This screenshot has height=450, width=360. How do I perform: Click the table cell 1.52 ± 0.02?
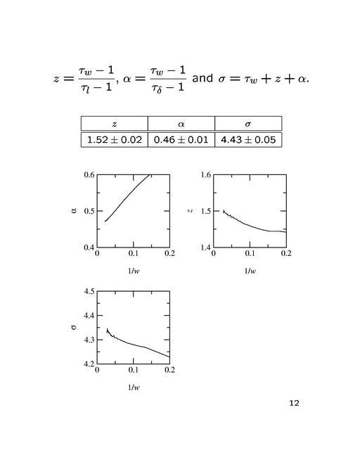point(114,139)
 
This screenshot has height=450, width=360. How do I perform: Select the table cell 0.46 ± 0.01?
point(181,139)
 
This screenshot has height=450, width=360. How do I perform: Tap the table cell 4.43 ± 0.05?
point(247,139)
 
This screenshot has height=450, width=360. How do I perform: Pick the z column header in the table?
point(114,124)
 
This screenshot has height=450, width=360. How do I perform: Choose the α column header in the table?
point(181,124)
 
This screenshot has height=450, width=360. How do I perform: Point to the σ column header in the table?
point(247,124)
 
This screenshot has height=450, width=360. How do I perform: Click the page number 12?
point(294,403)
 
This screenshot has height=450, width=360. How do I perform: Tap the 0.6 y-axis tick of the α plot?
point(89,174)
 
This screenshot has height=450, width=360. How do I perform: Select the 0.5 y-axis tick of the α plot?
point(89,211)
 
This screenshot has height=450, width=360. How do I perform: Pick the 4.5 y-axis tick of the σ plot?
point(89,291)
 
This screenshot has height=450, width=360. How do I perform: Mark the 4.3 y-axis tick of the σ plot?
point(89,340)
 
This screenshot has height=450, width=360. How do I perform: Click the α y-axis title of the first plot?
point(74,210)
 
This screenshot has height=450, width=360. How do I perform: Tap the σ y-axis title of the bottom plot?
point(73,327)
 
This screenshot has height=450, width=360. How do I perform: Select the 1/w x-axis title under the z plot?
point(250,271)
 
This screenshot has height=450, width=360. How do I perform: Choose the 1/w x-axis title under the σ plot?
point(133,387)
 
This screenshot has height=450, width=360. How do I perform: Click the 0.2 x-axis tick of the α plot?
point(169,254)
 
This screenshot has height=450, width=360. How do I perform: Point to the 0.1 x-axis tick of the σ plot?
point(134,371)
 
